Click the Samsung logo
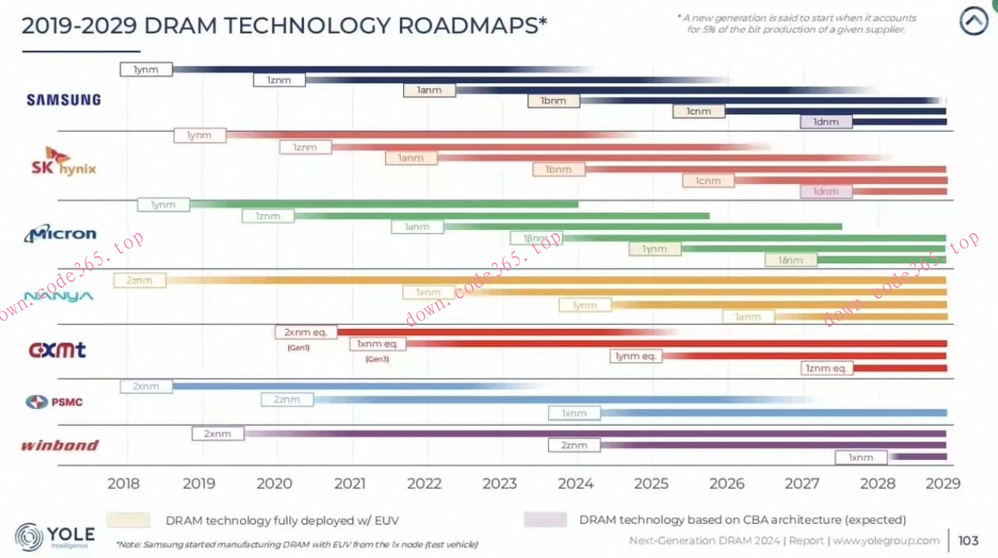point(63,100)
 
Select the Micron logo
point(60,234)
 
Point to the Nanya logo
point(59,296)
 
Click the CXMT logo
point(57,350)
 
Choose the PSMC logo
point(55,402)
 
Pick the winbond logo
point(59,445)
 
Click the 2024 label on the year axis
point(575,483)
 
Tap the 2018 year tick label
point(123,483)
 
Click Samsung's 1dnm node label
point(826,122)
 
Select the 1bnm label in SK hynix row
point(558,170)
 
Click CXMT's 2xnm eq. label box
point(306,332)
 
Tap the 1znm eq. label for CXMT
point(826,368)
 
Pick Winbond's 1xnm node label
point(861,457)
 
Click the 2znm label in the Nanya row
point(140,280)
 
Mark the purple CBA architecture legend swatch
point(545,520)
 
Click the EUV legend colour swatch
point(128,520)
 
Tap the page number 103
point(968,541)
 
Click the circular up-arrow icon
point(973,21)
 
